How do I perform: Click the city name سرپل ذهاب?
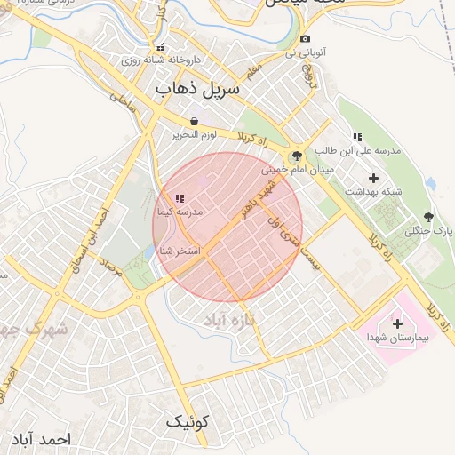[x=197, y=89]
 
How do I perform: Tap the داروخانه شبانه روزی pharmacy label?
[x=162, y=60]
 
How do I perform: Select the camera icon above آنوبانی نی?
[x=306, y=38]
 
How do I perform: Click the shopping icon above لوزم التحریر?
[x=194, y=121]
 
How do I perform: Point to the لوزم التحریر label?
[x=194, y=134]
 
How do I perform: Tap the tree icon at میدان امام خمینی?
[x=296, y=156]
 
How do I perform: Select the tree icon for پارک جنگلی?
[x=429, y=217]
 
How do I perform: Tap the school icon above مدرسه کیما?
[x=180, y=198]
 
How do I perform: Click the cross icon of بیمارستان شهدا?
[x=397, y=323]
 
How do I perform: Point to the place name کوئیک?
[x=190, y=421]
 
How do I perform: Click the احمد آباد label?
[x=39, y=439]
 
